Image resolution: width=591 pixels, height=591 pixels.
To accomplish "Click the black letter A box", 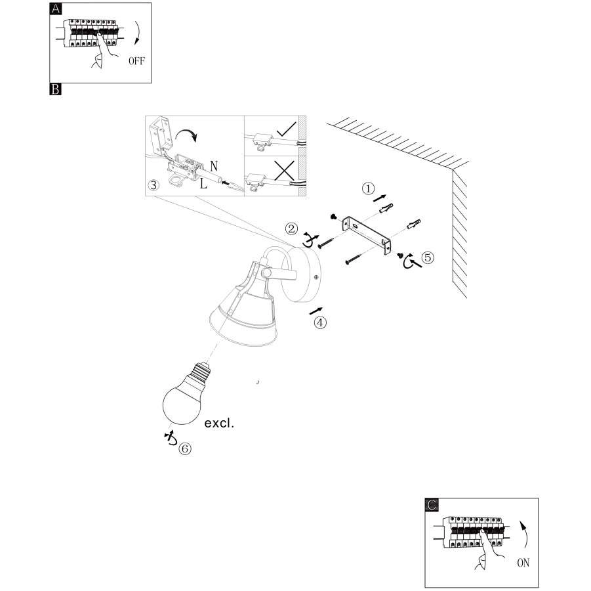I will [56, 9].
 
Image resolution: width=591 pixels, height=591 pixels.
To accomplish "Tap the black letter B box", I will [56, 89].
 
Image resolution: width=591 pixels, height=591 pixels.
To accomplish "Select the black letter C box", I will [432, 504].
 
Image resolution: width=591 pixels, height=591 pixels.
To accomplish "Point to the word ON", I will [523, 562].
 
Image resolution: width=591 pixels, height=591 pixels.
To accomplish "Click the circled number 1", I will [369, 188].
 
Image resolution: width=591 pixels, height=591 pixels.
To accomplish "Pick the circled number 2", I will [291, 229].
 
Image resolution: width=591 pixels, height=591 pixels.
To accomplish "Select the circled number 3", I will [153, 185].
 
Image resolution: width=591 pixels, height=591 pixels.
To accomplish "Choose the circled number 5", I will [428, 257].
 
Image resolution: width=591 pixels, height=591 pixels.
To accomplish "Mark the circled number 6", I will [185, 449].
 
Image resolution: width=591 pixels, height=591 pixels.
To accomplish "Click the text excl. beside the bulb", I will [219, 424].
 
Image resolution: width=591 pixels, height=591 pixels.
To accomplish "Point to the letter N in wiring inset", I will [214, 165].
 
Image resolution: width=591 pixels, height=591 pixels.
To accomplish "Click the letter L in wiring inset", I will [204, 184].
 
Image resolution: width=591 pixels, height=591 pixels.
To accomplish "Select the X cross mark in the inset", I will [283, 170].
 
